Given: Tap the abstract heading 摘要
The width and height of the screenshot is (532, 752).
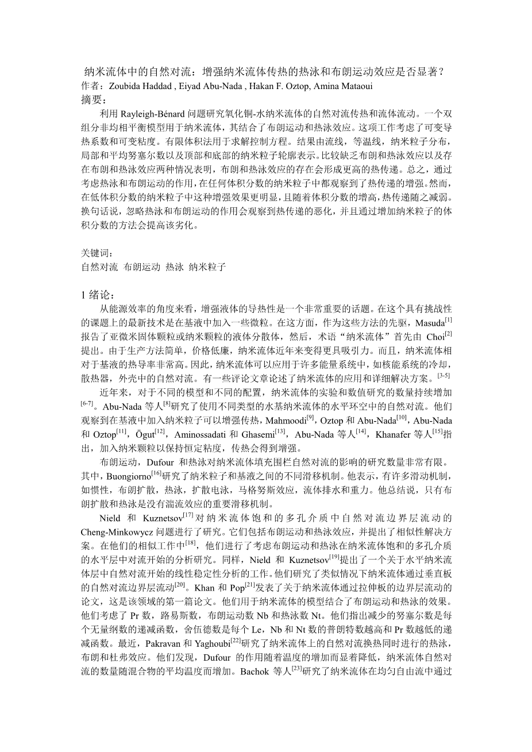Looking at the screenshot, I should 95,99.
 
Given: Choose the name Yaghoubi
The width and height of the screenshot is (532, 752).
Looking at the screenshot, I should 211,642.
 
